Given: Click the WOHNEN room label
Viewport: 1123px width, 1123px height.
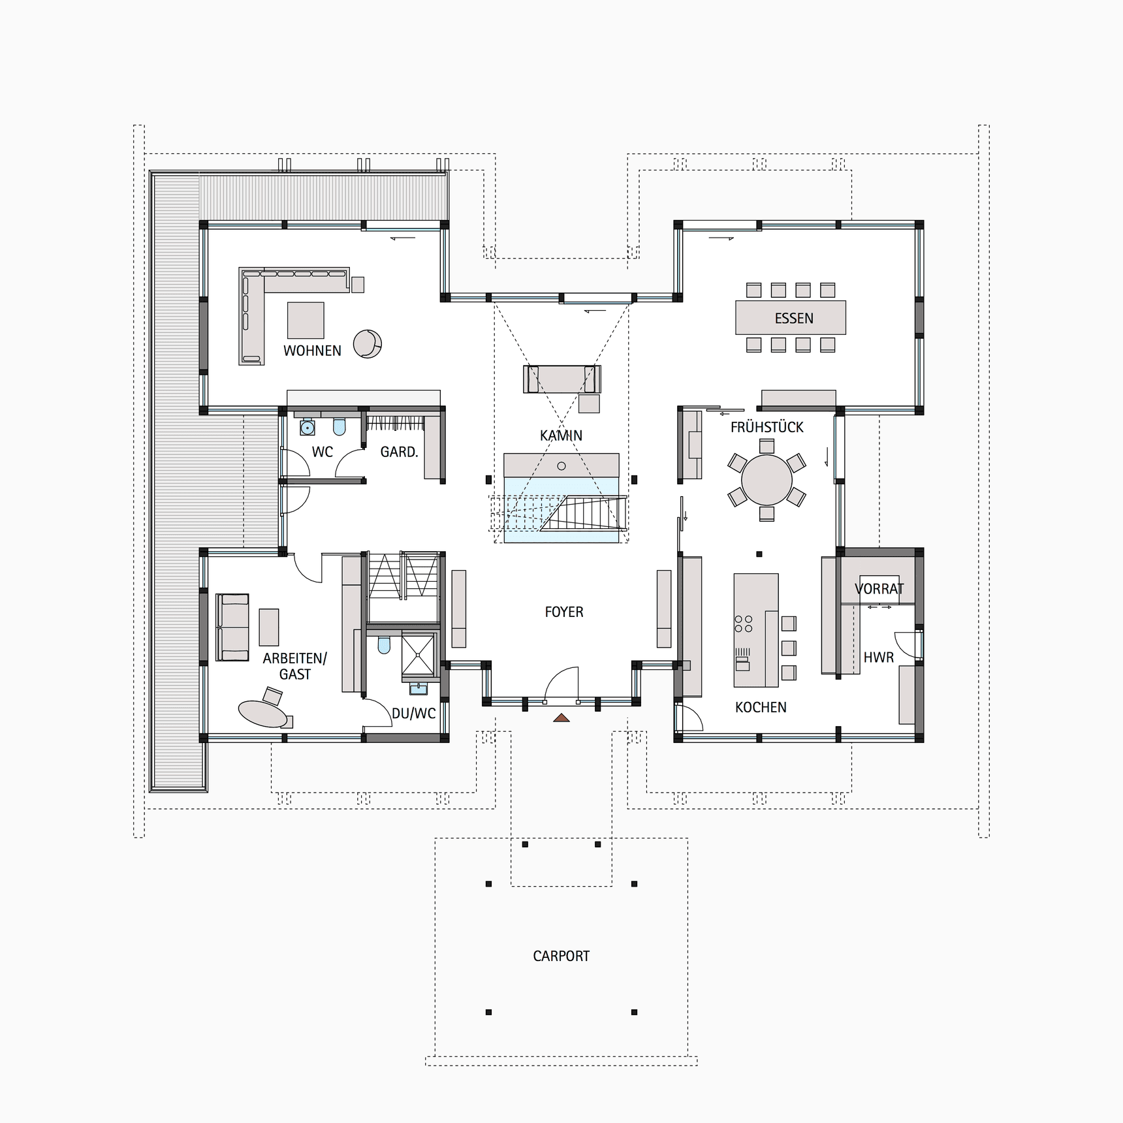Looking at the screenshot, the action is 312,351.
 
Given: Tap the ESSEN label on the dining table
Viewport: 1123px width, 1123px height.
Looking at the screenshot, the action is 794,319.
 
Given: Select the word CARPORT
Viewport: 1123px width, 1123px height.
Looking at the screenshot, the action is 561,956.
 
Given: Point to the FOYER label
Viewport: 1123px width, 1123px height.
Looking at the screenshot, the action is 564,612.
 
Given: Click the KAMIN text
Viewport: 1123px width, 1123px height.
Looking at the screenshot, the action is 561,435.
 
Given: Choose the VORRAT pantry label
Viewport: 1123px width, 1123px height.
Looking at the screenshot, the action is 879,588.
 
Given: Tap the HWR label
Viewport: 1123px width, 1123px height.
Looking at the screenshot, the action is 878,657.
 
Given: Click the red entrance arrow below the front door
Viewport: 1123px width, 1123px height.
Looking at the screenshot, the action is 561,718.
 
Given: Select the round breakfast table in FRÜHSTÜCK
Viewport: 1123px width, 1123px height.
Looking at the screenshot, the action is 767,480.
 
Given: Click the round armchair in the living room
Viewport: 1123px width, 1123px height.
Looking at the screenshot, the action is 368,344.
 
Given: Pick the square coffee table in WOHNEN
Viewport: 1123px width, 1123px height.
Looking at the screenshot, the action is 306,320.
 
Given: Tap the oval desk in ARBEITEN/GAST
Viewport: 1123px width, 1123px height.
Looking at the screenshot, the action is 263,714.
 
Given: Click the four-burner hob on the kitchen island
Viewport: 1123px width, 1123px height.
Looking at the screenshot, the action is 744,624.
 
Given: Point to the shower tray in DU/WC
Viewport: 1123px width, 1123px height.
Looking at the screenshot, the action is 418,654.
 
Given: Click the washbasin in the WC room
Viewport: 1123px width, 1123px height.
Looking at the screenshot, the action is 307,428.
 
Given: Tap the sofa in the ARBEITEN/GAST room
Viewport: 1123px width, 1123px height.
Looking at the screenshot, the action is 232,627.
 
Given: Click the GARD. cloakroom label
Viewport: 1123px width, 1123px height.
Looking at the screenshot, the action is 399,452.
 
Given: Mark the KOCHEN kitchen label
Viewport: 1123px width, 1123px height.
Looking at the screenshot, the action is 761,707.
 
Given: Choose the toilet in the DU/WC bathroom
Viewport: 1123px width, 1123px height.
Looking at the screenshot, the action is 384,645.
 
